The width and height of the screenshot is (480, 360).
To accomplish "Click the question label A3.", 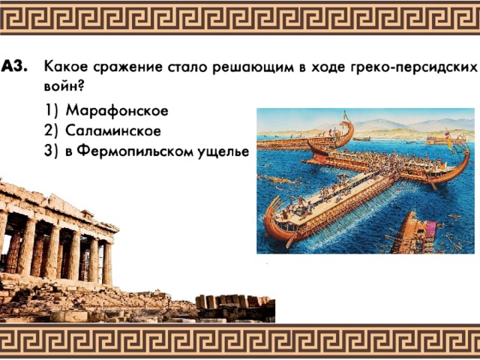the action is click(14, 67).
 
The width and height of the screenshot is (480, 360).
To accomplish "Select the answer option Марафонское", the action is click(117, 110).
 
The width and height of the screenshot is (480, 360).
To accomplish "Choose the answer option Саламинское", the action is click(113, 130).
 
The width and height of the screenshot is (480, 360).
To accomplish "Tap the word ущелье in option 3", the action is click(223, 152).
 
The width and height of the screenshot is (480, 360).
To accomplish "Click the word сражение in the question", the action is click(127, 67).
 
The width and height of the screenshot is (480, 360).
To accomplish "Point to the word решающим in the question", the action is click(253, 67).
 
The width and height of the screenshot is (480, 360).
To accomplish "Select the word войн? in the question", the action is click(64, 86).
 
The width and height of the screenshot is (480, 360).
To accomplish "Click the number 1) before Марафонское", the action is click(52, 111).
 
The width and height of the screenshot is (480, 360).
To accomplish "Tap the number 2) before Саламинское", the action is click(51, 131).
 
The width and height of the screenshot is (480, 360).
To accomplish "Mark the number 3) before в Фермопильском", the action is click(51, 151).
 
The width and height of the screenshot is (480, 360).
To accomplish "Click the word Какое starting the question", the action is click(66, 67).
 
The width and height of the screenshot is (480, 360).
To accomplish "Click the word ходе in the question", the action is click(326, 67).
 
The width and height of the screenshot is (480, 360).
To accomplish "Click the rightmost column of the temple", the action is click(107, 263).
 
